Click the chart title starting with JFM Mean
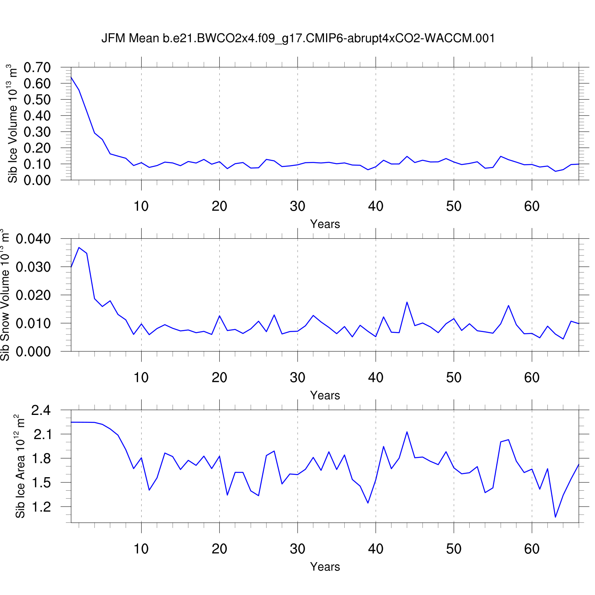(x=298, y=38)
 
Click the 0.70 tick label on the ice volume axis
(x=37, y=67)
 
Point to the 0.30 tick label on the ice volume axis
(x=37, y=132)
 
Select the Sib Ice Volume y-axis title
(x=13, y=123)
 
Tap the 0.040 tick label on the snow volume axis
(x=33, y=239)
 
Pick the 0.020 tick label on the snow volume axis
(x=33, y=295)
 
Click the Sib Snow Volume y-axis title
(x=5, y=295)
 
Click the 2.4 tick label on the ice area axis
(x=41, y=410)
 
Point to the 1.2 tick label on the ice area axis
(x=41, y=507)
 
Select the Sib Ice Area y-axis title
(x=20, y=466)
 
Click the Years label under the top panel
(x=325, y=224)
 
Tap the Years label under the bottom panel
(x=325, y=567)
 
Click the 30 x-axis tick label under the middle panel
(x=297, y=378)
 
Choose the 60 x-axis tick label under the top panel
(x=532, y=206)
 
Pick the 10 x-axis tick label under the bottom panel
(x=141, y=549)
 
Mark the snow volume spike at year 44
(x=407, y=302)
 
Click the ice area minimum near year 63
(x=555, y=517)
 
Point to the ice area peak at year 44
(x=407, y=432)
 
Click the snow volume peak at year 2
(x=79, y=248)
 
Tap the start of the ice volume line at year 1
(x=71, y=77)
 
